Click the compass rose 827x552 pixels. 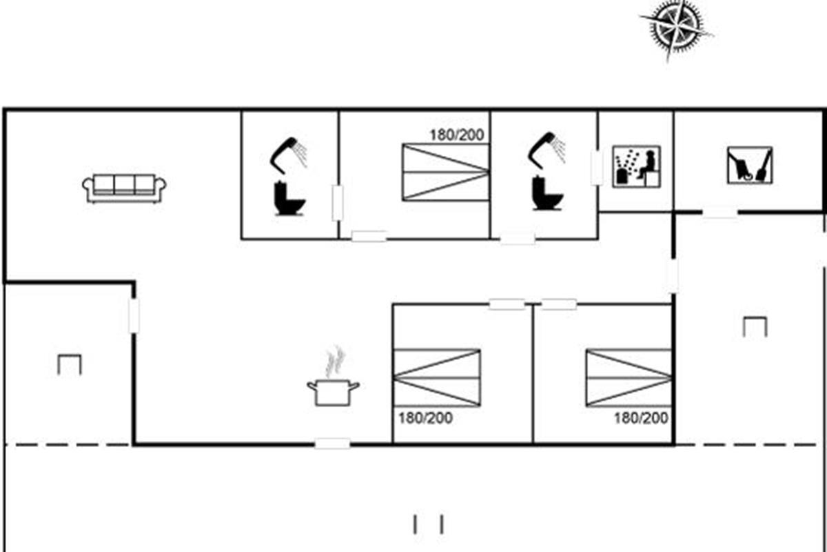point(676,29)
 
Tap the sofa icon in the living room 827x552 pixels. point(124,188)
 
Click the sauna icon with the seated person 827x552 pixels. point(637,166)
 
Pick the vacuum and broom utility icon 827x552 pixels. point(750,166)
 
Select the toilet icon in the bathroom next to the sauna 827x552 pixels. point(547,193)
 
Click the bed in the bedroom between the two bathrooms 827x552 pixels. point(446,172)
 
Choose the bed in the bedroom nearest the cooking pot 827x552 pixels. point(437,378)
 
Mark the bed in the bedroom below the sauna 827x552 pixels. point(629,378)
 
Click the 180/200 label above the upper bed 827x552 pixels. point(457,135)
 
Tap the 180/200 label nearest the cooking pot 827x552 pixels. point(425,418)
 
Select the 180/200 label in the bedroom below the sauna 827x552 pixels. point(641,418)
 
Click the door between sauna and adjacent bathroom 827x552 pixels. point(597,168)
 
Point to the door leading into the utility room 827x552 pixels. point(720,213)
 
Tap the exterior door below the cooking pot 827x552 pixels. point(332,444)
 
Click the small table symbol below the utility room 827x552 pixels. point(755,327)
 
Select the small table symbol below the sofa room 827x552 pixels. point(70,365)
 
